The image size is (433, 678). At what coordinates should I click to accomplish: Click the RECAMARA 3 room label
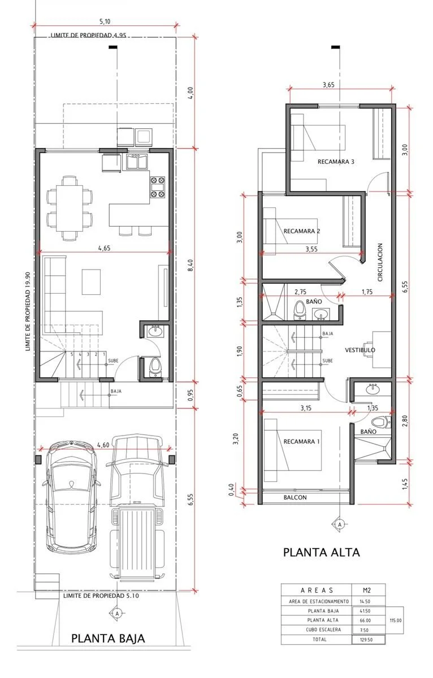[x=336, y=162]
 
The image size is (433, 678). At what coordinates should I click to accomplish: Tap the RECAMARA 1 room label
[x=301, y=442]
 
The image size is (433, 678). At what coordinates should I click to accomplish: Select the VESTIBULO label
[x=360, y=350]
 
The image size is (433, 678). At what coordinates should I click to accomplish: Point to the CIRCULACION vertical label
[x=380, y=262]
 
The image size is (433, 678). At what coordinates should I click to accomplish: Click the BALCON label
[x=295, y=497]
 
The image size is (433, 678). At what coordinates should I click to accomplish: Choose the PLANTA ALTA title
[x=321, y=552]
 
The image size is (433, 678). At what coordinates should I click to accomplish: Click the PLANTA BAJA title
[x=108, y=638]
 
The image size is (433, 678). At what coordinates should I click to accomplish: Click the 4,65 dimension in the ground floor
[x=104, y=248]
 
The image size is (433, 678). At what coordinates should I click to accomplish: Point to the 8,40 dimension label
[x=190, y=265]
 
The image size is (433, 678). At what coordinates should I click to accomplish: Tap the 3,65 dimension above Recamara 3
[x=328, y=85]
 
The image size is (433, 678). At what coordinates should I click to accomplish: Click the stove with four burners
[x=158, y=187]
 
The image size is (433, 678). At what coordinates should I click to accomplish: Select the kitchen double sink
[x=137, y=162]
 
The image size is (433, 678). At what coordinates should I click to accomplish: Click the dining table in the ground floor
[x=70, y=208]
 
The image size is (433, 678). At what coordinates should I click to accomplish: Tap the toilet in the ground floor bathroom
[x=155, y=367]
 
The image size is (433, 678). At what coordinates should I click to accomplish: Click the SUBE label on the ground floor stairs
[x=113, y=361]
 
